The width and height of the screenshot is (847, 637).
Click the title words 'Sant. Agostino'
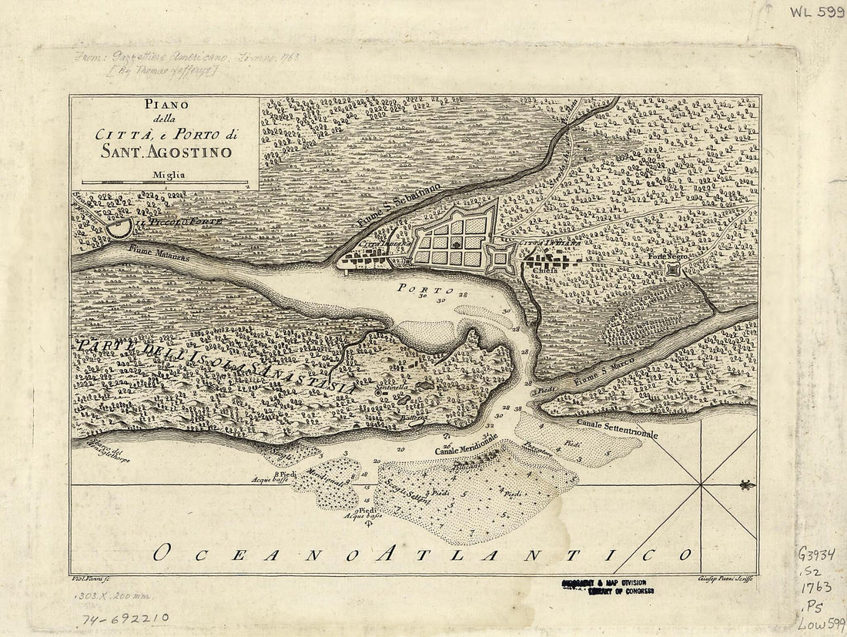pyautogui.click(x=166, y=152)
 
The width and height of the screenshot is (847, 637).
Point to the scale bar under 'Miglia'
pyautogui.click(x=165, y=183)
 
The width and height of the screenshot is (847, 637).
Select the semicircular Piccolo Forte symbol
pyautogui.click(x=119, y=227)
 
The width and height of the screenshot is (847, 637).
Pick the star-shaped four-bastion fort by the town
pyautogui.click(x=501, y=259)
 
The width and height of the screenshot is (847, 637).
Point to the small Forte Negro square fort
pyautogui.click(x=675, y=270)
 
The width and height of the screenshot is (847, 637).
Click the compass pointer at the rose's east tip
pyautogui.click(x=745, y=484)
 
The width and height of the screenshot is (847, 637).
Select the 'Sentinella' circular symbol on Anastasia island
pyautogui.click(x=378, y=392)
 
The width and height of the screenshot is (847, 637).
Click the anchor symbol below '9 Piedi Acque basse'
pyautogui.click(x=367, y=524)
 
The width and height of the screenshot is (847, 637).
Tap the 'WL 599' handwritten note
pyautogui.click(x=815, y=13)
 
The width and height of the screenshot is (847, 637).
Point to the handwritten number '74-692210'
pyautogui.click(x=126, y=618)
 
